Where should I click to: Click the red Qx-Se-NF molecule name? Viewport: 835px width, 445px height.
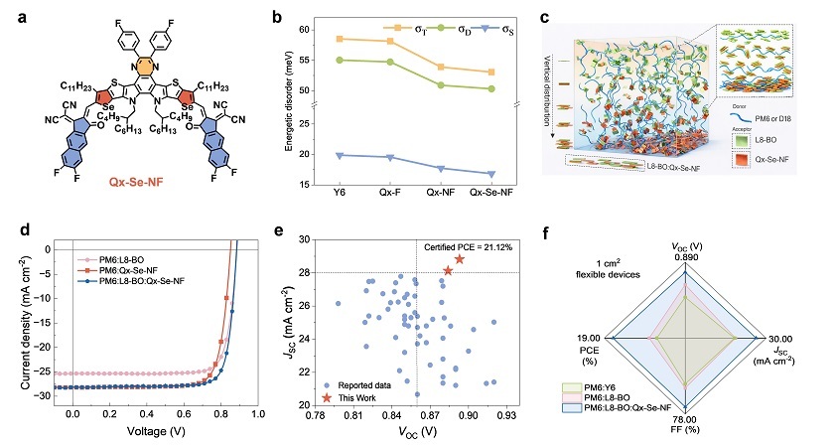click(x=136, y=182)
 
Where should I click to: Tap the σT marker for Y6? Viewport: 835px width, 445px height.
click(x=340, y=39)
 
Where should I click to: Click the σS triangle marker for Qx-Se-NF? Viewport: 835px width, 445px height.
click(x=491, y=174)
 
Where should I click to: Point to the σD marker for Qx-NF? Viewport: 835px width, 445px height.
click(x=441, y=85)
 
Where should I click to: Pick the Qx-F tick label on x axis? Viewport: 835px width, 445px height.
click(x=390, y=193)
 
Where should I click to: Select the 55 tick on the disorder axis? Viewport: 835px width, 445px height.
click(x=304, y=61)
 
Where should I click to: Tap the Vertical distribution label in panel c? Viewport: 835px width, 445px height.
click(x=547, y=90)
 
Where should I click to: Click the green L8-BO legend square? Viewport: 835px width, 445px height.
click(x=741, y=140)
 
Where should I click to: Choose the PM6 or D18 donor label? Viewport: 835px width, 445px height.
click(x=773, y=118)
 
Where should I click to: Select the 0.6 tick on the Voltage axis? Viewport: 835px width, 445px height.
click(x=184, y=413)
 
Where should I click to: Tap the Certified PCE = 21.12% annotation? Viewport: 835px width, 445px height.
click(x=468, y=247)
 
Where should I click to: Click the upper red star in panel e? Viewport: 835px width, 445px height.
click(x=459, y=259)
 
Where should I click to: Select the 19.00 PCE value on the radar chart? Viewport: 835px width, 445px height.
click(x=588, y=339)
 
